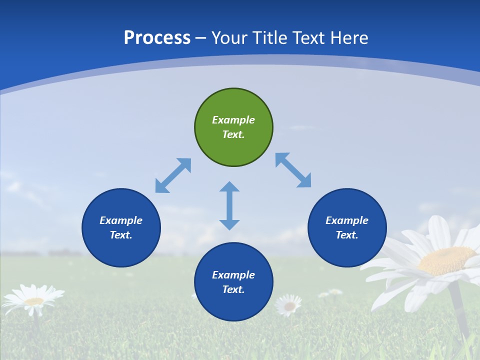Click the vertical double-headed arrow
229,205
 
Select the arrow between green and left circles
173,175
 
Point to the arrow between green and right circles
293,170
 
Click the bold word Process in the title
157,38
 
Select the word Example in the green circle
233,120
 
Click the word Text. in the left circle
121,235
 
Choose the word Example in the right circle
347,220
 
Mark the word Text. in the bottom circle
233,289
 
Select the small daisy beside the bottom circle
289,304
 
